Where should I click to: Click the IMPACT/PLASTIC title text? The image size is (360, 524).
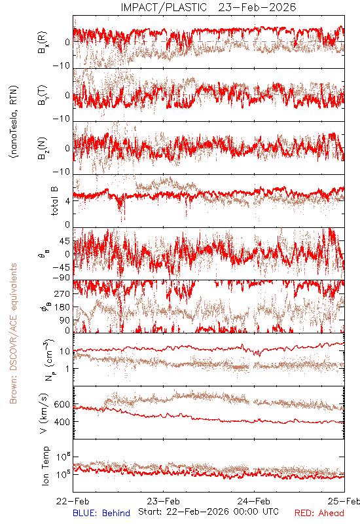click(x=164, y=7)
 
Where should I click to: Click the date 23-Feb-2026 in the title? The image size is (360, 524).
click(x=257, y=7)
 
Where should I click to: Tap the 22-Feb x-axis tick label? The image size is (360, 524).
click(x=73, y=501)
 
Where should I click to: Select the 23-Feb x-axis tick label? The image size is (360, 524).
click(x=163, y=501)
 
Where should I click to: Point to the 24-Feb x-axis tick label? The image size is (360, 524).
click(x=254, y=501)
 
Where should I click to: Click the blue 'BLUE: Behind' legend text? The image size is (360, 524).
click(x=101, y=513)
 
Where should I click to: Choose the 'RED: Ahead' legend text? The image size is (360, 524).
click(x=319, y=513)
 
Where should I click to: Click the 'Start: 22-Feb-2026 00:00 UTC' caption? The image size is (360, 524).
click(x=208, y=512)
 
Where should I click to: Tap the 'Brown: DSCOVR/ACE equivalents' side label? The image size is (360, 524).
click(x=13, y=333)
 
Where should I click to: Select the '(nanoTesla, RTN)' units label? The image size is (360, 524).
click(x=14, y=122)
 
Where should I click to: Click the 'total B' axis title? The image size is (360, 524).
click(x=54, y=201)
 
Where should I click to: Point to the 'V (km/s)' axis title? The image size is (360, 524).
click(x=44, y=414)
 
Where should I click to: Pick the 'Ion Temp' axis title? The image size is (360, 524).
click(x=45, y=466)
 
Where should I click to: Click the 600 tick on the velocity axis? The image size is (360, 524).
click(x=62, y=404)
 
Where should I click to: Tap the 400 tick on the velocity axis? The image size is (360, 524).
click(x=62, y=422)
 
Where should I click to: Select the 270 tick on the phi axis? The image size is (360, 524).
click(x=62, y=294)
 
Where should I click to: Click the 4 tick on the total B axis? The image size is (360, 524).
click(x=68, y=202)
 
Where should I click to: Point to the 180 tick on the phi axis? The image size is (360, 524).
click(x=62, y=307)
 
